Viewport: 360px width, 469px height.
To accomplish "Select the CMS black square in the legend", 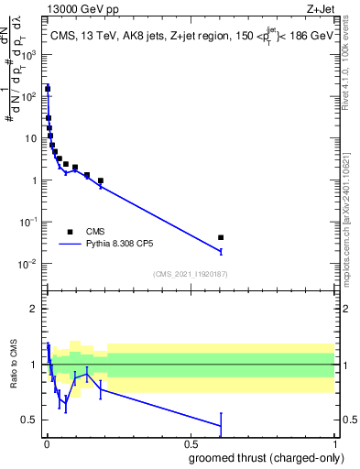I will tap(70, 232).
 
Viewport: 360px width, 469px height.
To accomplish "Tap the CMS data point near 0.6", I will tap(221, 237).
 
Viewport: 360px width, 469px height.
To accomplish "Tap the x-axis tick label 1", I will tap(333, 443).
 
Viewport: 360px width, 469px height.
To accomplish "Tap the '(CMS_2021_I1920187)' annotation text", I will tap(190, 274).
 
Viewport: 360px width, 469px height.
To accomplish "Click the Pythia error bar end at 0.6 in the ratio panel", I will tap(221, 413).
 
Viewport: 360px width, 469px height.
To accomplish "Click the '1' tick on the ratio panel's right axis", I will tap(341, 365).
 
